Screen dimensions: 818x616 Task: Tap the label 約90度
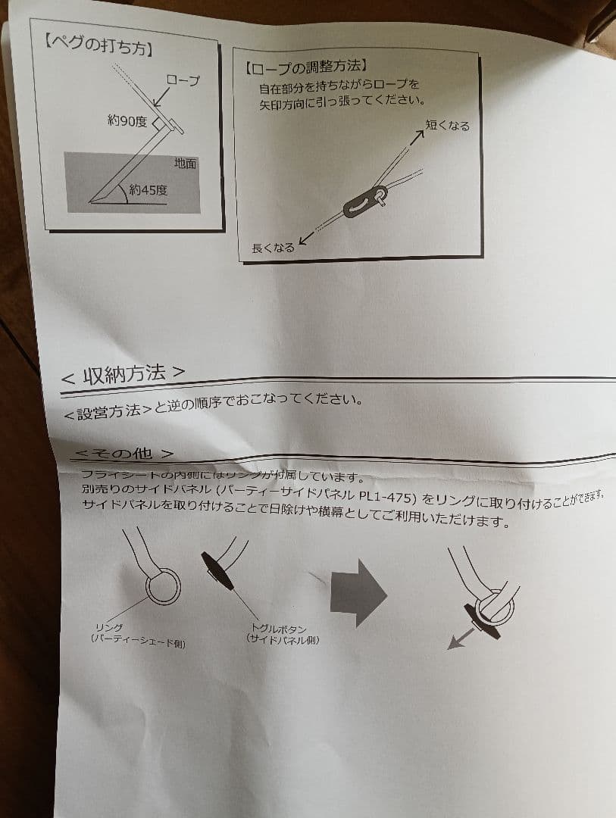coord(127,120)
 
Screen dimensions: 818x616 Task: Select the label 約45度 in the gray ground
coord(148,190)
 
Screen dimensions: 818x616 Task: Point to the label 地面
coord(185,163)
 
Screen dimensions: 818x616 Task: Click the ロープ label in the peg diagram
coord(183,81)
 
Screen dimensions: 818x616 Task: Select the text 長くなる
coord(273,248)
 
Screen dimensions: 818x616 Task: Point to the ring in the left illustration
coord(163,588)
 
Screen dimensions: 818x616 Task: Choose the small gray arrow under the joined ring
coord(456,641)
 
